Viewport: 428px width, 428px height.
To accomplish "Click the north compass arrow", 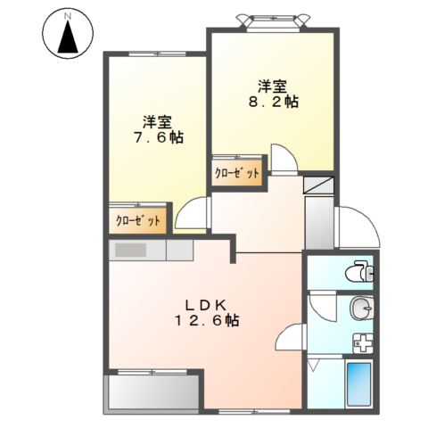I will click(x=67, y=38).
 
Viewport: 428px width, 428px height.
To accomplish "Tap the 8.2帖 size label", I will click(x=274, y=103).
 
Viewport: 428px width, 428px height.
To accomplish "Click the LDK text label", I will click(x=206, y=302).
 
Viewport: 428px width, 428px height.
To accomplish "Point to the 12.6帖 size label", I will click(x=206, y=319).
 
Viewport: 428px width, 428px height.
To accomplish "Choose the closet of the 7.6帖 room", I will click(x=138, y=220).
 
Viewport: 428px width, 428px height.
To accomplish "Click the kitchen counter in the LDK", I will click(x=152, y=250).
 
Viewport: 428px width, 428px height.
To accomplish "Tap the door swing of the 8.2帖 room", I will click(x=284, y=160).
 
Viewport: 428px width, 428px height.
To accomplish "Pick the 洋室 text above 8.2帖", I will click(x=273, y=86).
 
